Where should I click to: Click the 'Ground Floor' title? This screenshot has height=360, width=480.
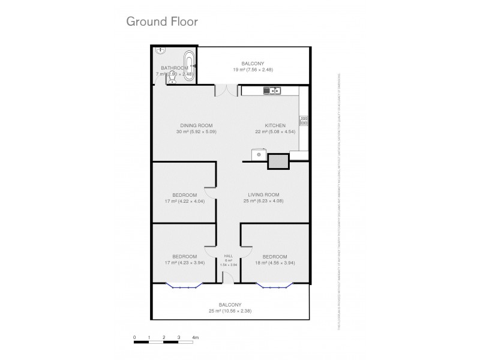coord(161,22)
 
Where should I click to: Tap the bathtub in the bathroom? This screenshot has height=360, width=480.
coord(189,65)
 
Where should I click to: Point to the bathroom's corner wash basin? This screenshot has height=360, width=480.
coord(158,52)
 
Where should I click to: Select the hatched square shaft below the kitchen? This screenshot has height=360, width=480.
coord(277,161)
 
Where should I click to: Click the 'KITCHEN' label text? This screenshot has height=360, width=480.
coord(267,125)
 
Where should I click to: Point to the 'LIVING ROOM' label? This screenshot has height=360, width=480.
coord(264,194)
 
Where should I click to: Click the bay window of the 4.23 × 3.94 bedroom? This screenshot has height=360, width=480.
coord(184,286)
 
